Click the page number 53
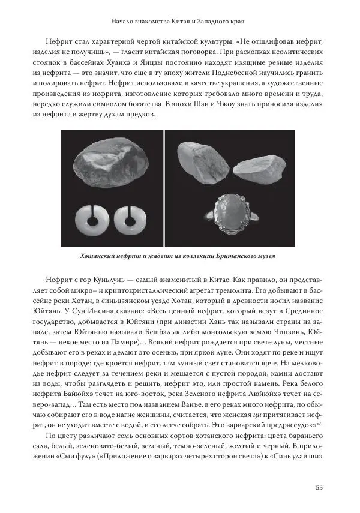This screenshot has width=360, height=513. (319, 487)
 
